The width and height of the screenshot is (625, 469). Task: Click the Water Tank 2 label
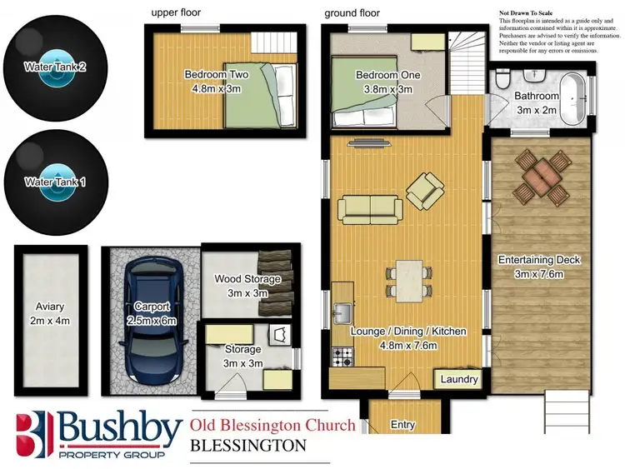coord(55,67)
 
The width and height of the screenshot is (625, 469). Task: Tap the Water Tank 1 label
coord(55,181)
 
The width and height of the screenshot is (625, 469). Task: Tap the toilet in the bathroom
coord(502,81)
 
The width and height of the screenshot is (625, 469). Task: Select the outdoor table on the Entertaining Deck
coord(541,177)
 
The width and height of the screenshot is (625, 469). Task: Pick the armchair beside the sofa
coord(426,191)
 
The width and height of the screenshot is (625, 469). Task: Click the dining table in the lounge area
coord(408,282)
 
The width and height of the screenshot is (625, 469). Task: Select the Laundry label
coord(459,380)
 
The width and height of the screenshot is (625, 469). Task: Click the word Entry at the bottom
coord(402,425)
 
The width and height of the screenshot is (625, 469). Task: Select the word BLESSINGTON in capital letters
coord(248,446)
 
